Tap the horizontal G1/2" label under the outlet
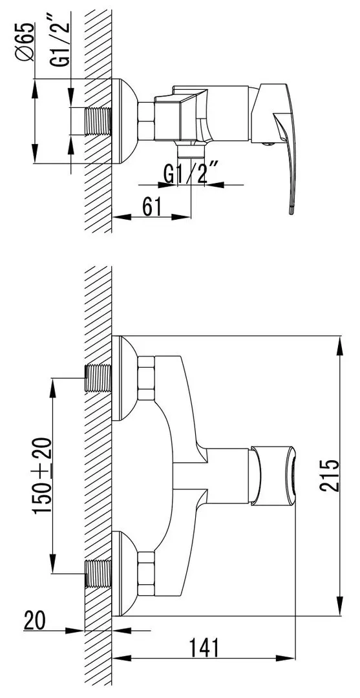coord(191,173)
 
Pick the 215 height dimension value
coord(330,475)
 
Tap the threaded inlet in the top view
coord(97,121)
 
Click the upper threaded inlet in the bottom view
coord(98,377)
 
